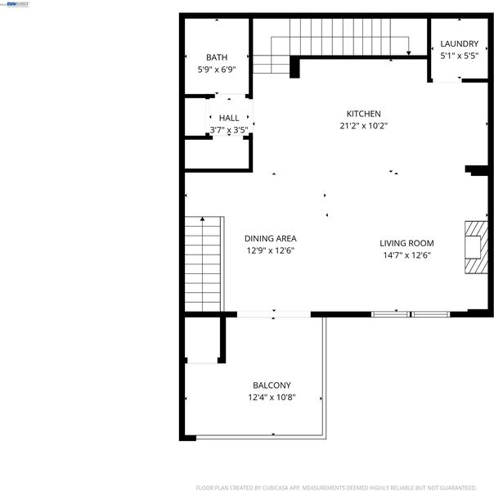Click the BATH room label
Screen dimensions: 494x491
pos(217,57)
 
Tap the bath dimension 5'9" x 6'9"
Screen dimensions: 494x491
pos(217,70)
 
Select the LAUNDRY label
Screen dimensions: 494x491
pos(459,44)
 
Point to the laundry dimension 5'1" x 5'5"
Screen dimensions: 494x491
pos(459,56)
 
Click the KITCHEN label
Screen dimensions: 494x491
pos(363,114)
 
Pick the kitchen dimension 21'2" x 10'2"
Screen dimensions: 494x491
pos(363,126)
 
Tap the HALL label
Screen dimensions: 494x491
pos(229,118)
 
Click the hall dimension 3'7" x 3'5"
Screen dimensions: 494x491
pos(229,130)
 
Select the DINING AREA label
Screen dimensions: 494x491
pos(271,239)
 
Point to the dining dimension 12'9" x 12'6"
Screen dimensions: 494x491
pos(271,250)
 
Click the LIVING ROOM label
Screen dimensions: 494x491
pos(406,243)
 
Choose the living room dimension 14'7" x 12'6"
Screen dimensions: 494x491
pos(406,255)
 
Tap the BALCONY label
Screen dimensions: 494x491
pos(272,385)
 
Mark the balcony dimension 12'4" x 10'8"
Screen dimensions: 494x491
pos(272,397)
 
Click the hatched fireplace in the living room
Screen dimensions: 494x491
pos(476,247)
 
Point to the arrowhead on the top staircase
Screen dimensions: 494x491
pos(408,53)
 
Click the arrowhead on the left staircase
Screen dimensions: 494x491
pos(202,218)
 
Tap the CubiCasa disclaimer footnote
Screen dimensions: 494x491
pos(336,488)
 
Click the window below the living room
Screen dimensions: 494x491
pos(411,314)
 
